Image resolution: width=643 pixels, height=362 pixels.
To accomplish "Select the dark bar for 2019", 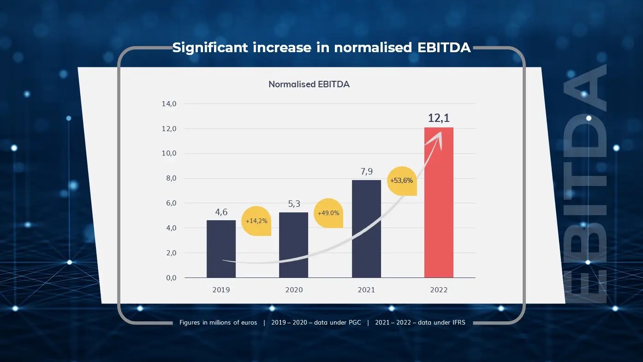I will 221,249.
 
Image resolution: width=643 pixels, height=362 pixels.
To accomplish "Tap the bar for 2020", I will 293,245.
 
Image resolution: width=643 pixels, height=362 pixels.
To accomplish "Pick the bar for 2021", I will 366,229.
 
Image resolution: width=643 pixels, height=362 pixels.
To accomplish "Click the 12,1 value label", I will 439,118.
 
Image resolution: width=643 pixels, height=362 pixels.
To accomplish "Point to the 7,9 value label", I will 366,172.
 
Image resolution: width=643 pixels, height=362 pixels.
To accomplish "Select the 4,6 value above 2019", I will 221,212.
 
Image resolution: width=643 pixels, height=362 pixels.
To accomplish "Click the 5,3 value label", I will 294,204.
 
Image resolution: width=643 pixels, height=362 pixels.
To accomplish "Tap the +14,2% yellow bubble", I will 256,221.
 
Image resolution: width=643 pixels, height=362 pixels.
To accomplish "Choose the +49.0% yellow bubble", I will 328,213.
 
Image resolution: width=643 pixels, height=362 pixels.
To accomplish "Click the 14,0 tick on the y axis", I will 169,104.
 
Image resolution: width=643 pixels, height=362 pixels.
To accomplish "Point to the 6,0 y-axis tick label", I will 169,203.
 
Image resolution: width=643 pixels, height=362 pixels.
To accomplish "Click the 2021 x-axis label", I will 366,290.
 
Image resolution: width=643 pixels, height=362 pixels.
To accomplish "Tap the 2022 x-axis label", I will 439,290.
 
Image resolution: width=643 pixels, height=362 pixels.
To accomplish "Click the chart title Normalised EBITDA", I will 309,84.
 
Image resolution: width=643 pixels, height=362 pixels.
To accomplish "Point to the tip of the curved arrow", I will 441,133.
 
